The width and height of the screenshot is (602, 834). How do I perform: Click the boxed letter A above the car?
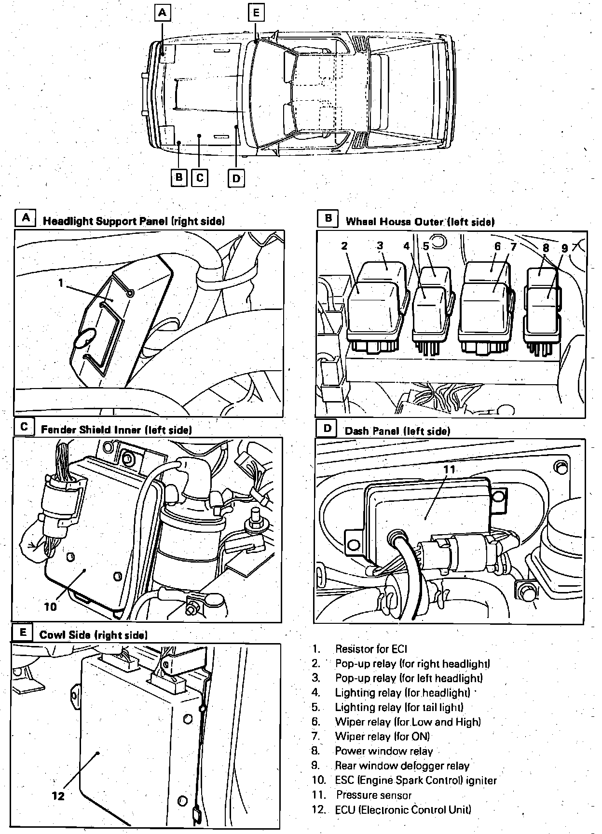pyautogui.click(x=163, y=13)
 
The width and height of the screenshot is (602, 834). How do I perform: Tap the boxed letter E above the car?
pyautogui.click(x=256, y=13)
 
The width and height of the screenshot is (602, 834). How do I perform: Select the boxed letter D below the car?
pyautogui.click(x=236, y=179)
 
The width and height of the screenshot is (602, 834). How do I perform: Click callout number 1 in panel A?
pyautogui.click(x=61, y=283)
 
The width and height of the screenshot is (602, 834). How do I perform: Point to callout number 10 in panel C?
pyautogui.click(x=50, y=607)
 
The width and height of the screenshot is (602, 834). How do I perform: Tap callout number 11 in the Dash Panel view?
pyautogui.click(x=449, y=470)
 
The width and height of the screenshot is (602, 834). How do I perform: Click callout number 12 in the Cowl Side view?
pyautogui.click(x=58, y=796)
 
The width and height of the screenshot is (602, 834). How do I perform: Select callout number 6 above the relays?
pyautogui.click(x=497, y=246)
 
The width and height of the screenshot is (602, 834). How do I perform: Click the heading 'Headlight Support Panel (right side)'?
pyautogui.click(x=134, y=221)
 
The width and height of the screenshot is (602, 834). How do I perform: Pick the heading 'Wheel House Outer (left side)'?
pyautogui.click(x=420, y=222)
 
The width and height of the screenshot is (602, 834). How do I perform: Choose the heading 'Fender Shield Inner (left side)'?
pyautogui.click(x=116, y=430)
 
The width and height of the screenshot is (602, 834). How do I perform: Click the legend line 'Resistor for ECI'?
pyautogui.click(x=371, y=649)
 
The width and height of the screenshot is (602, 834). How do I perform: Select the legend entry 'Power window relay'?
pyautogui.click(x=383, y=751)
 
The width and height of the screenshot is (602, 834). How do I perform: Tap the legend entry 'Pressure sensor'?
pyautogui.click(x=374, y=795)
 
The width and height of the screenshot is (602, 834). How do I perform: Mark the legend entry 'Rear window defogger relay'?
pyautogui.click(x=402, y=766)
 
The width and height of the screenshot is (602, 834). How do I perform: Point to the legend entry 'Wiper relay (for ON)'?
pyautogui.click(x=382, y=737)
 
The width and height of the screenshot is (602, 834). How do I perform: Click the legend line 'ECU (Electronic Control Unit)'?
pyautogui.click(x=403, y=810)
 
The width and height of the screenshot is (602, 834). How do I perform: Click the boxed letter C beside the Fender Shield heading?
pyautogui.click(x=24, y=427)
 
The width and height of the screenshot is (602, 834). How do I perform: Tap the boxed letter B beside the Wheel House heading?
pyautogui.click(x=328, y=218)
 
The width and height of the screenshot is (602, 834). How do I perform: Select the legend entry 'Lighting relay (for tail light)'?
pyautogui.click(x=399, y=707)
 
